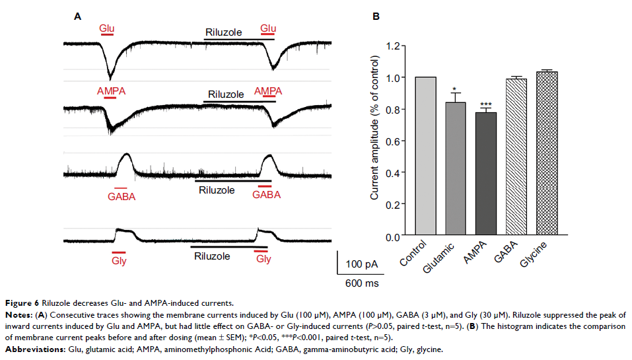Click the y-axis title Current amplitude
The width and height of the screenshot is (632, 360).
point(374,129)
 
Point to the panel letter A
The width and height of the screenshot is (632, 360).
point(77,17)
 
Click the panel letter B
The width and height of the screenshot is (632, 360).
point(376,17)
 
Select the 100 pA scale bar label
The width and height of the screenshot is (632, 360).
point(361,264)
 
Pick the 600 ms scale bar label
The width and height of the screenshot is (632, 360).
point(361,283)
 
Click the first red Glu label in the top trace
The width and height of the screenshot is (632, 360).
point(106,28)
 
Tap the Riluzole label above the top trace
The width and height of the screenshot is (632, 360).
point(223,31)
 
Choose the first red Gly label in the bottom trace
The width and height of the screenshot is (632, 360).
point(120,260)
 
